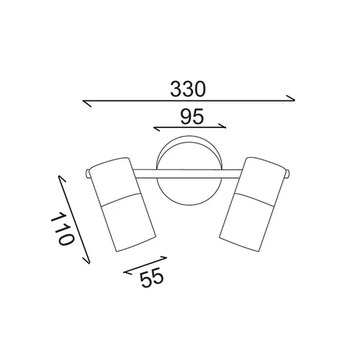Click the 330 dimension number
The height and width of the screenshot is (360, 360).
188,89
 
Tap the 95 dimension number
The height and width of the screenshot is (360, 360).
192,116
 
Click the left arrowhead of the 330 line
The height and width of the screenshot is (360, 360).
87,103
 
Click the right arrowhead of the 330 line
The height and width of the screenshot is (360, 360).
290,98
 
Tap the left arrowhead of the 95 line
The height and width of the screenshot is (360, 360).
156,129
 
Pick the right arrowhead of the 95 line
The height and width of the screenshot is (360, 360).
223,126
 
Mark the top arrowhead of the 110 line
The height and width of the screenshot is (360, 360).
62,179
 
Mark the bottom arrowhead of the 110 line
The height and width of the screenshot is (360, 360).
86,261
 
